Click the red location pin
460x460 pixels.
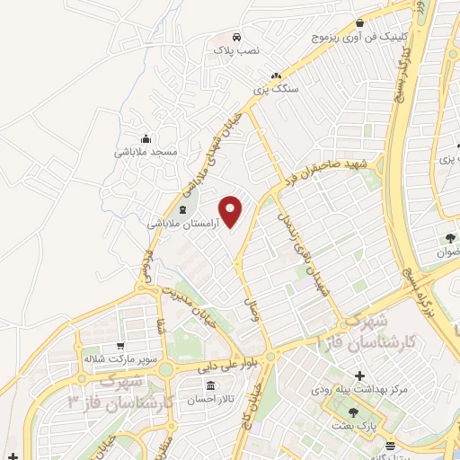[232, 211]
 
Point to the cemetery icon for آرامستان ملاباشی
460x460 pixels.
[183, 211]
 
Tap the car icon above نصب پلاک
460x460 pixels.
[235, 39]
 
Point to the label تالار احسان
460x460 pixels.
[209, 401]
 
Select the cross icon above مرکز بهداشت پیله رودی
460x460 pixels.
[360, 375]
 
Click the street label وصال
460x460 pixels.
[252, 311]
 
